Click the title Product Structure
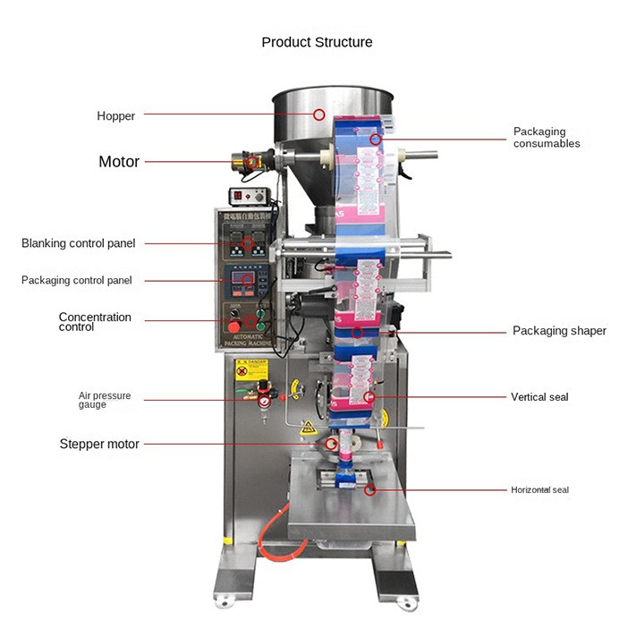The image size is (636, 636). (x=317, y=42)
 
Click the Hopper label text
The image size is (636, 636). (x=116, y=116)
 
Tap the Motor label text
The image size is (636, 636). (x=119, y=162)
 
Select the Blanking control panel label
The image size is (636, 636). (x=79, y=243)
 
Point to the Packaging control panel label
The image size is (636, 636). (x=77, y=280)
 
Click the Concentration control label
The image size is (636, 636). (x=95, y=322)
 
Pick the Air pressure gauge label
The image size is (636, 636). (x=105, y=400)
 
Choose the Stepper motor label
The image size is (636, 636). (x=99, y=444)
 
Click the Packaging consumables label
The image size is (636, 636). (x=547, y=138)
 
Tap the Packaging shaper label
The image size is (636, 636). (x=559, y=331)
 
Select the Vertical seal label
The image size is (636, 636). (x=539, y=397)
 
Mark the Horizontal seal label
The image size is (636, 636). (x=539, y=490)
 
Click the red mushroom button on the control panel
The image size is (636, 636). (x=233, y=324)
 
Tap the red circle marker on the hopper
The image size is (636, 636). (x=319, y=114)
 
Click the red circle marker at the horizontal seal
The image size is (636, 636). (x=370, y=489)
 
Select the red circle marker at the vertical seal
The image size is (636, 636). (x=369, y=396)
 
